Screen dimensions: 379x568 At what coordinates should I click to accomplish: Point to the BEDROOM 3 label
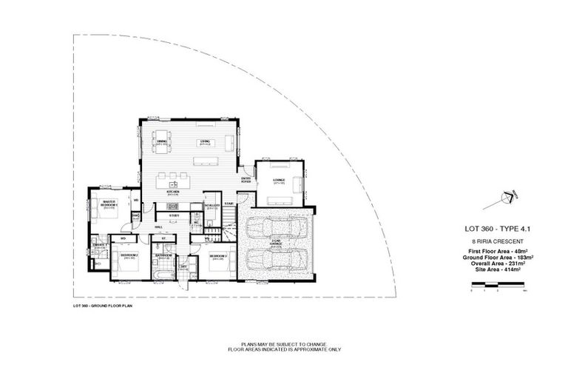pos(217,256)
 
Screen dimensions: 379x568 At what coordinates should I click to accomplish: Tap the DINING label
pos(162,142)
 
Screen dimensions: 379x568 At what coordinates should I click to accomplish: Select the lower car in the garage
pos(274,261)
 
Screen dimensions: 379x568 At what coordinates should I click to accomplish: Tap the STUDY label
pos(173,215)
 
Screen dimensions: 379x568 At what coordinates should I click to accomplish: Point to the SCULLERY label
pos(211,206)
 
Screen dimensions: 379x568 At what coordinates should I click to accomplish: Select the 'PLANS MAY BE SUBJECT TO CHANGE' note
pos(284,344)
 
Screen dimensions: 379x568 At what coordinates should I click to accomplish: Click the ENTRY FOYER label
pos(246,180)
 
